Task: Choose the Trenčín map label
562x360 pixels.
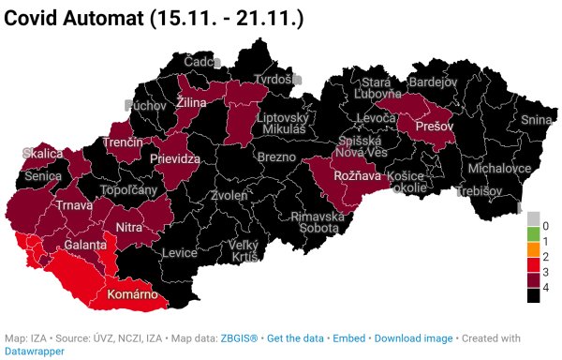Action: point(124,142)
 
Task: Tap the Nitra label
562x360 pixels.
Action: point(128,227)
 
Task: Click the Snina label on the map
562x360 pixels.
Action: point(537,120)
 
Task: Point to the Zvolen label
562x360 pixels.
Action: point(229,196)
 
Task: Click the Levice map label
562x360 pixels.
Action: point(179,253)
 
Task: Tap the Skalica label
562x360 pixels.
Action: point(43,153)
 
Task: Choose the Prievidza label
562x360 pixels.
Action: point(176,159)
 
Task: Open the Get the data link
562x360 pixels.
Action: point(296,337)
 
